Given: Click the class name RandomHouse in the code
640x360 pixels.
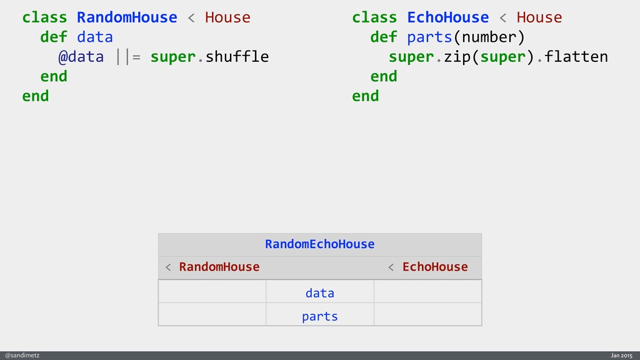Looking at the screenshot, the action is click(x=127, y=17).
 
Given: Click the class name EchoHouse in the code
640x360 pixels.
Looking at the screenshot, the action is click(x=447, y=17).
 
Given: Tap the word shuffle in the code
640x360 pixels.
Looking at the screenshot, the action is click(x=237, y=57).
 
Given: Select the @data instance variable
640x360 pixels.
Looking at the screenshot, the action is click(x=81, y=57).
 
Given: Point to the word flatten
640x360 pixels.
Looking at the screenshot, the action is click(x=576, y=57).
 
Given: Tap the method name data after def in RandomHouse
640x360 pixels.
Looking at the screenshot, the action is click(x=94, y=37).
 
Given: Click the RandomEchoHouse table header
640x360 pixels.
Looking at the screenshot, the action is click(x=319, y=244).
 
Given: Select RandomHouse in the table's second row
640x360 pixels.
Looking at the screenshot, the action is click(x=219, y=267).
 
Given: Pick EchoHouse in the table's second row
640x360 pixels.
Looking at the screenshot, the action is click(x=434, y=267).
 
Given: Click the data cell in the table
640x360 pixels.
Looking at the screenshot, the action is click(x=319, y=292).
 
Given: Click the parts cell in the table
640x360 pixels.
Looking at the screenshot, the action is click(x=319, y=316).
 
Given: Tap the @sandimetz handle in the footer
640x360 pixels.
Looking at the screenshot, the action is click(x=22, y=355).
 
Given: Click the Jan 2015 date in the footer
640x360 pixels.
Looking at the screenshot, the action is click(x=621, y=355).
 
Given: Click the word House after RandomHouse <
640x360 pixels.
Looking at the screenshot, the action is click(x=227, y=17).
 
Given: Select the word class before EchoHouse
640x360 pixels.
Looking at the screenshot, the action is click(x=374, y=17).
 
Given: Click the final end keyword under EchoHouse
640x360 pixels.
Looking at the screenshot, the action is click(x=365, y=96).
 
